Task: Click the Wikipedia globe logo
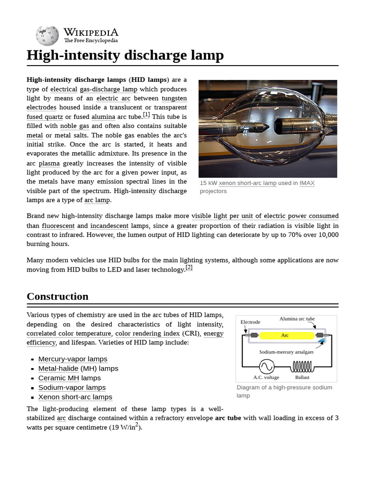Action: point(47,36)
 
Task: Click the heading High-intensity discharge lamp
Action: point(125,56)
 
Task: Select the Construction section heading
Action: point(58,296)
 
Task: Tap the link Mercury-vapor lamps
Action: point(73,359)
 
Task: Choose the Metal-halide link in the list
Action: point(58,369)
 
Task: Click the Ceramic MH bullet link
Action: point(58,378)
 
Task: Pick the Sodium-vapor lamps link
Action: point(72,388)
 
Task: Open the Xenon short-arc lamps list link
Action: point(75,397)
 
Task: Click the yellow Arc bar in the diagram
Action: point(285,335)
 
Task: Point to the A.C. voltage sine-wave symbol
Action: point(266,366)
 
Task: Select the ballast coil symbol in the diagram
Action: point(302,366)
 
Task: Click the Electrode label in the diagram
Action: point(250,322)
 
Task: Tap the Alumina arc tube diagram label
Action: point(297,319)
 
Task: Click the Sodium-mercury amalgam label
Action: point(286,352)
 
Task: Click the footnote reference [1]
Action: point(146,115)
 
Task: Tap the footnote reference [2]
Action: point(189,267)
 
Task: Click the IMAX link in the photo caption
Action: point(307,183)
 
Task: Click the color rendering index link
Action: point(147,333)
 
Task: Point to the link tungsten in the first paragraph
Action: point(174,98)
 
